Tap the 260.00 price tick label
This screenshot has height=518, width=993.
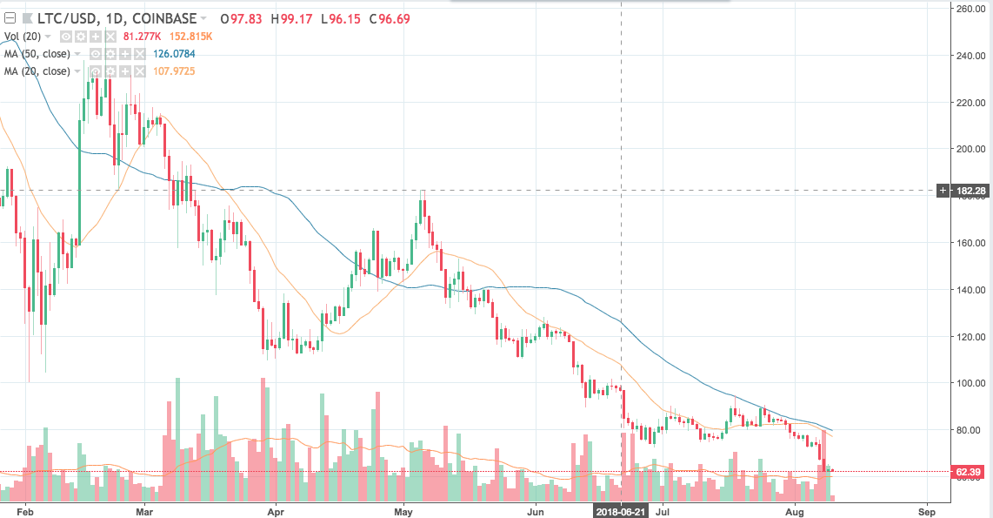tap(968, 9)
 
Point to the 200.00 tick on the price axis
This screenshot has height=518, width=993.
tap(968, 149)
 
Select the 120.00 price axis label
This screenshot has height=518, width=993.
tap(968, 336)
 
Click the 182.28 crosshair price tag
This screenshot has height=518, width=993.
tap(968, 190)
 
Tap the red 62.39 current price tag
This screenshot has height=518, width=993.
tap(968, 472)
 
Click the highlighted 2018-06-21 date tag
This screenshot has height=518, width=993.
tap(621, 512)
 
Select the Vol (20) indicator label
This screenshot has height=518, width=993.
tap(23, 36)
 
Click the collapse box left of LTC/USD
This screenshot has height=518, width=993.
tap(10, 18)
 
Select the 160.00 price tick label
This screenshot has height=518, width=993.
tap(968, 243)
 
